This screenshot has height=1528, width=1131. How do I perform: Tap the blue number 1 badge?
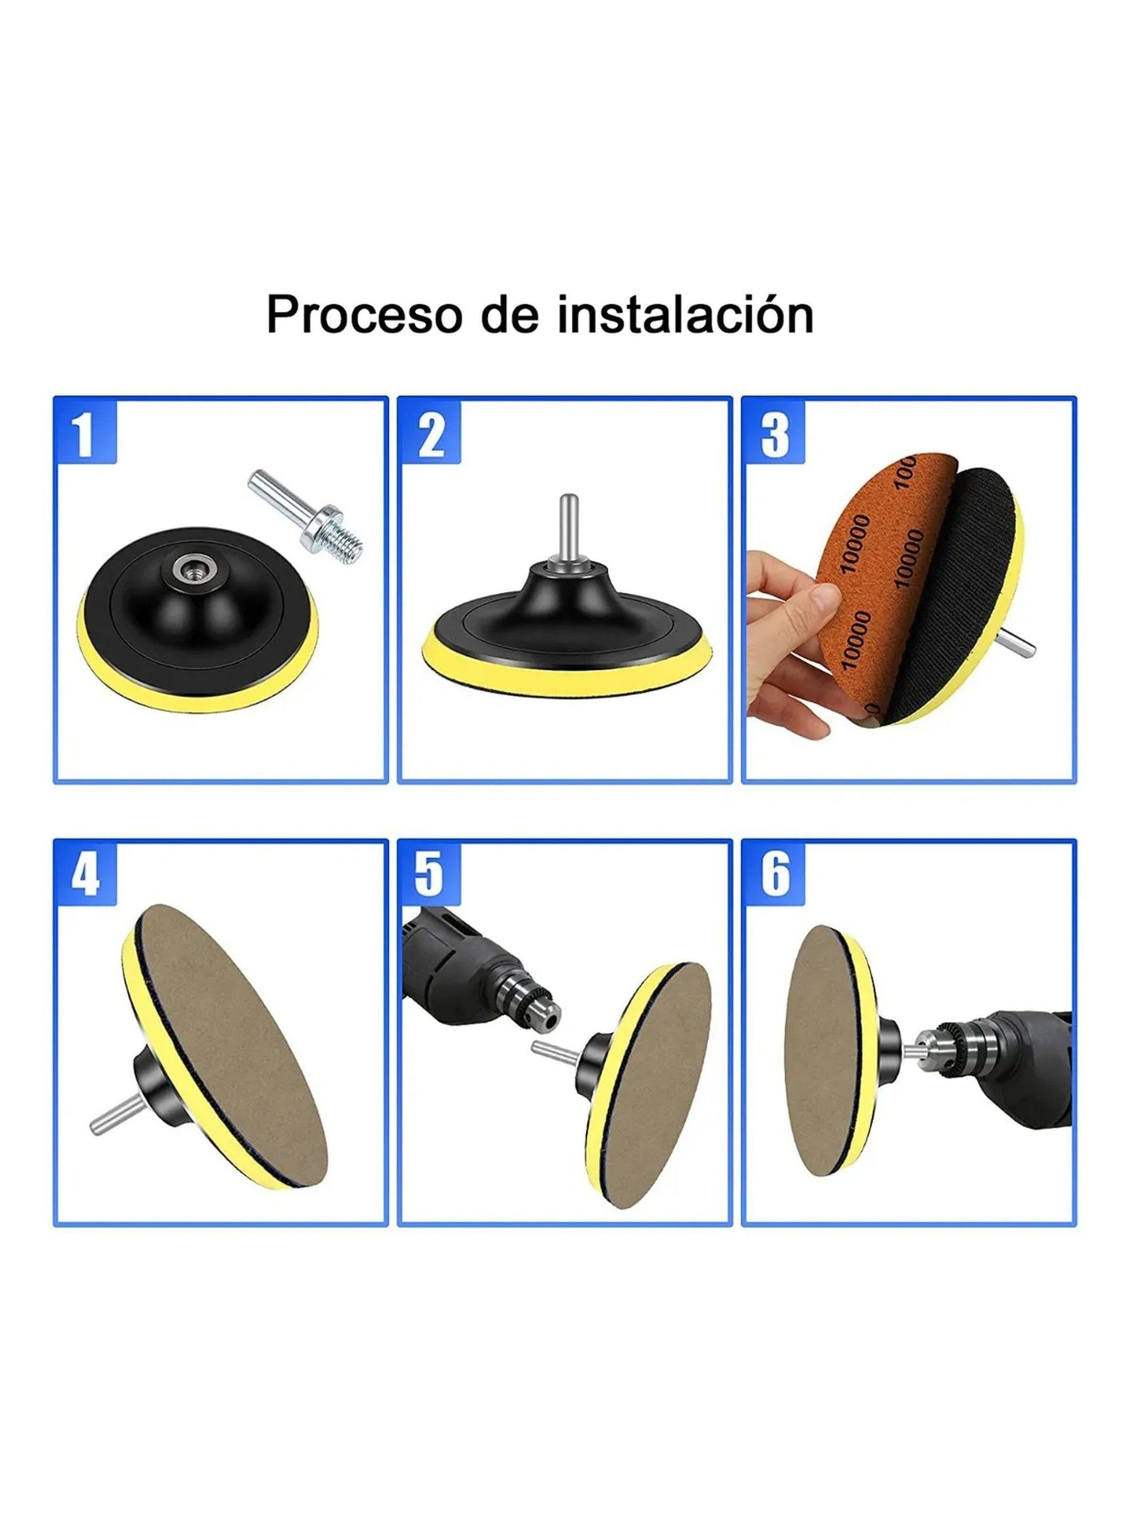85,434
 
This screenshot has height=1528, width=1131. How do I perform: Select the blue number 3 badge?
774,434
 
